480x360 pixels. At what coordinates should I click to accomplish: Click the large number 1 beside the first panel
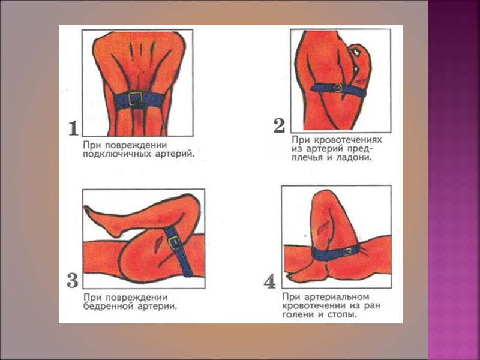click(x=73, y=128)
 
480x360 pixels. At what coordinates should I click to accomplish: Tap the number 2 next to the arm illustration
click(x=279, y=126)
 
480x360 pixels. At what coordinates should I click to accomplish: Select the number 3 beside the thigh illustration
click(x=73, y=280)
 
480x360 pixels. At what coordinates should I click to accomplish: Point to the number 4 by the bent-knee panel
click(x=270, y=282)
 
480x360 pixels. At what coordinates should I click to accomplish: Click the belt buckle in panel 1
click(x=135, y=98)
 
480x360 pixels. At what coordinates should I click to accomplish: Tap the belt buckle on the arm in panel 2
click(x=338, y=88)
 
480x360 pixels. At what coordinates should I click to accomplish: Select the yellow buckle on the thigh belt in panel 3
click(x=173, y=242)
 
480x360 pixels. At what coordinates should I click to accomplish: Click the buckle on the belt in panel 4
click(x=347, y=252)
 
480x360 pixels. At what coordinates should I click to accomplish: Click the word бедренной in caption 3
click(x=109, y=306)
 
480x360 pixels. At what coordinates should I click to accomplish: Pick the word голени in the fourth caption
click(x=298, y=314)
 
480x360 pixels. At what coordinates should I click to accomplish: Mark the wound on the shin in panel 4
click(x=322, y=228)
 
